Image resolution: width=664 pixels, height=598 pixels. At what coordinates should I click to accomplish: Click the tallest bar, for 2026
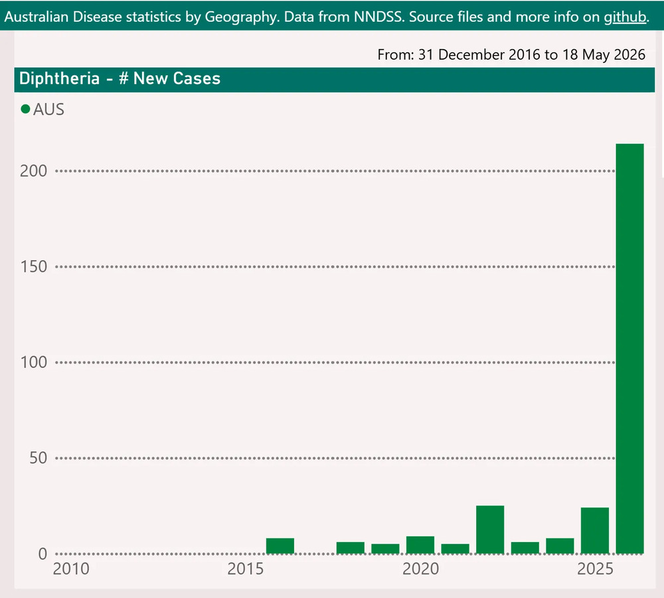coord(629,348)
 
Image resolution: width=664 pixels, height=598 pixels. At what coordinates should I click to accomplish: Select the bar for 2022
coord(490,530)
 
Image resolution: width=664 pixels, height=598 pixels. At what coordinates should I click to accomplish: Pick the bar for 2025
coord(594,530)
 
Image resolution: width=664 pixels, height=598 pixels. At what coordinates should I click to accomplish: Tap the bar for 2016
coord(280,546)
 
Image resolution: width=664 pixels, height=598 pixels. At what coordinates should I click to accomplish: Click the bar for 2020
coord(420,545)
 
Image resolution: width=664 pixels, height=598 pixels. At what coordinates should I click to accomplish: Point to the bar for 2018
coord(350,548)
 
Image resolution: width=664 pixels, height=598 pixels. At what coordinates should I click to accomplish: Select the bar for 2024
coord(560,546)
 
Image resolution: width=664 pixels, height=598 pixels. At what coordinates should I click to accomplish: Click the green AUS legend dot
coord(25,110)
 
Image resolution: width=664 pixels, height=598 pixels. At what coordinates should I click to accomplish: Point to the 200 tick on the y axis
coord(33,171)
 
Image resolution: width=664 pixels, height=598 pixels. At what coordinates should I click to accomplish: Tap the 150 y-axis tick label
coord(33,267)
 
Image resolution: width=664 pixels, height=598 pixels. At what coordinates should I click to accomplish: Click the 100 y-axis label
coord(33,362)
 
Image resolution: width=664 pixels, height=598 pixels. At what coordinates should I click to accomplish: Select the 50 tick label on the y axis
coord(38,458)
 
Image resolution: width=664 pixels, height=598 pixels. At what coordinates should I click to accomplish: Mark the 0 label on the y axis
coord(42,554)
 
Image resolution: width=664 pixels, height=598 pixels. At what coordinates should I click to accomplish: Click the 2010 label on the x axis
coord(71,569)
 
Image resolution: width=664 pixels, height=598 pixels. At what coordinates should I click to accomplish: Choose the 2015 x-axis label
coord(246,569)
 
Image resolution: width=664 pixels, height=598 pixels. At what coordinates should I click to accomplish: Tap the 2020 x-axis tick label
coord(420,569)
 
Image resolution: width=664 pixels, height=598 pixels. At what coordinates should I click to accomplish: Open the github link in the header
coord(625,17)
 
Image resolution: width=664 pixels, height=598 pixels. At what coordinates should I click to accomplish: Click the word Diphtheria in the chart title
coord(59,79)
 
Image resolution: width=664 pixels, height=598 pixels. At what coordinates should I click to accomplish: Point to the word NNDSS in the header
coord(378,17)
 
